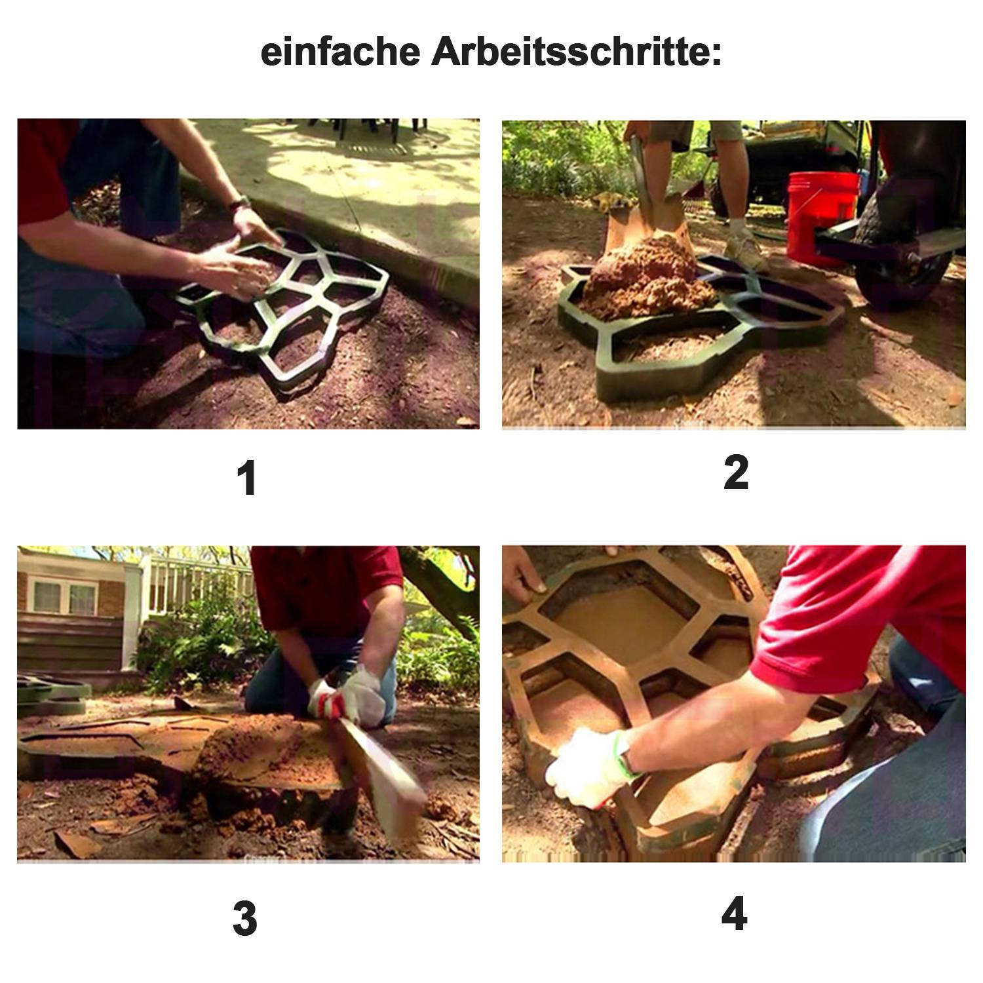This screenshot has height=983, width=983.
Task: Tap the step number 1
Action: [x=246, y=478]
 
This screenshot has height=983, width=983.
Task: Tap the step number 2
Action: [x=735, y=473]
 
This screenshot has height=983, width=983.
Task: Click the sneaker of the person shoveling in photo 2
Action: [x=746, y=252]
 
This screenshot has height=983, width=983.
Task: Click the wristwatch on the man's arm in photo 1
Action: [x=240, y=203]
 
